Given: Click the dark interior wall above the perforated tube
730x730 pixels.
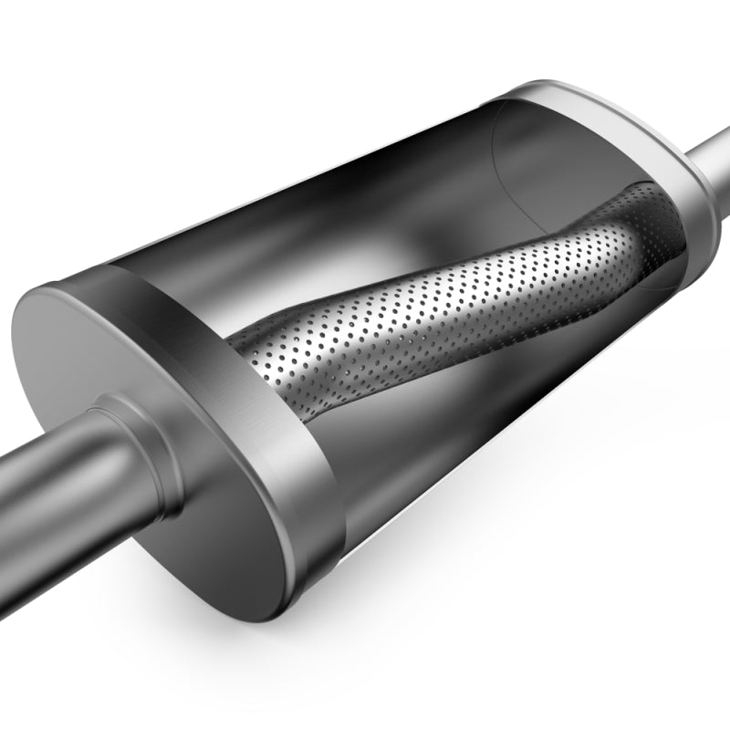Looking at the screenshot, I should point(365,182).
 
